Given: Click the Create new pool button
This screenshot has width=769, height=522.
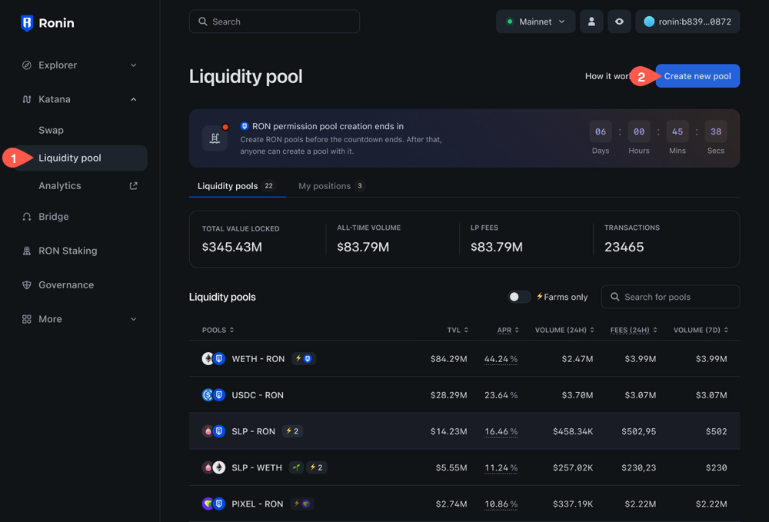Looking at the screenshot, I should (x=697, y=76).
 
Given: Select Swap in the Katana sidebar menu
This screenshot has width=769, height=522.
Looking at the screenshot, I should (x=52, y=130).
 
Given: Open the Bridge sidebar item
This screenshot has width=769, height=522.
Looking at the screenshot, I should (x=54, y=217).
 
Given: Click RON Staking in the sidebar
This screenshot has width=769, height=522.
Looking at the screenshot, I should (x=68, y=251).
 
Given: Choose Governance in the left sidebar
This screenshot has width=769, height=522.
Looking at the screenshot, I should (x=66, y=284).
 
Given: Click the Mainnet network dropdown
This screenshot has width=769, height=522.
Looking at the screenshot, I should (x=535, y=22).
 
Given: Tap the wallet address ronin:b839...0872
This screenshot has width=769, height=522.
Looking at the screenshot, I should (x=687, y=22).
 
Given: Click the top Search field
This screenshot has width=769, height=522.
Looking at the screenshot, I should (x=275, y=22).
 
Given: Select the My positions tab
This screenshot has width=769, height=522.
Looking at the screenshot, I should (x=325, y=186).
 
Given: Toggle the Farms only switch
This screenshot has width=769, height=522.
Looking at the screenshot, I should (x=519, y=297).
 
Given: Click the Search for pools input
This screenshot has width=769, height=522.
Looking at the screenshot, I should (x=671, y=297).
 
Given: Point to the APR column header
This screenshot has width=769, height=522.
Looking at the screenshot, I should (x=507, y=330).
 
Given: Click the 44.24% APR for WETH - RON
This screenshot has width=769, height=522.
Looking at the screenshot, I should (x=501, y=359).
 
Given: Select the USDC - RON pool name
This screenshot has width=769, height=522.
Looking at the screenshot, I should (x=258, y=395).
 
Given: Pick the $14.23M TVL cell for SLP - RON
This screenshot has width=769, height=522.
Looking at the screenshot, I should (x=448, y=431).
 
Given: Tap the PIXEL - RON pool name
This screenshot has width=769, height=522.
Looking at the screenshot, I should (x=258, y=504).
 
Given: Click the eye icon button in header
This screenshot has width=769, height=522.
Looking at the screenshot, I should (x=619, y=22).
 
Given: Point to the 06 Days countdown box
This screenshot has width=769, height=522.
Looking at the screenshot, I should (x=601, y=132).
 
